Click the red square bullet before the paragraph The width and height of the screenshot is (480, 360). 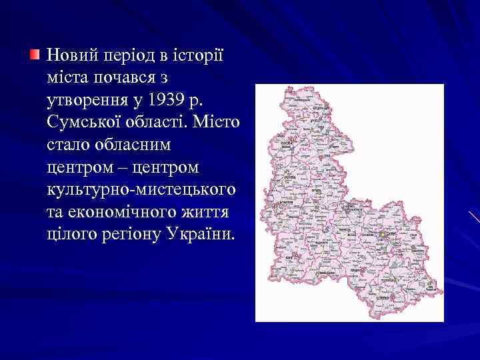[35, 53]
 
